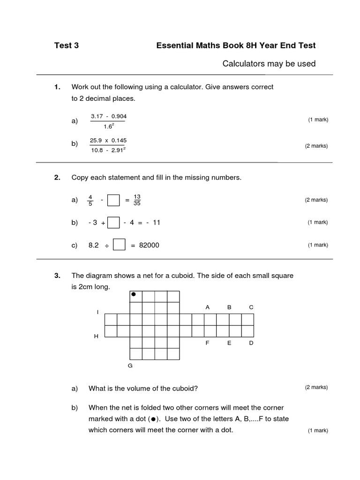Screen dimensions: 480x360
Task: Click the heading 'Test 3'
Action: pos(67,45)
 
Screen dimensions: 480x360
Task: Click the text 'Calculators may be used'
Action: pos(269,63)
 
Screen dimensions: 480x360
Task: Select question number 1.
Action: pos(58,87)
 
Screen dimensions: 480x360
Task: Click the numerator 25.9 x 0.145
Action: pos(108,140)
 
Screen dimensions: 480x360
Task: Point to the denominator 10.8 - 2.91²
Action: pos(108,150)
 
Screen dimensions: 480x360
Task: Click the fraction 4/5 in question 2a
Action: pos(91,200)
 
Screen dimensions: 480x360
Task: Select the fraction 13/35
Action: pos(137,200)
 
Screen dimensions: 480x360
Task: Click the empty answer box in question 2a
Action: pos(113,200)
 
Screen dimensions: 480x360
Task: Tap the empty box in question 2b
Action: pos(113,223)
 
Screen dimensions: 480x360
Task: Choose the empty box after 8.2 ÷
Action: pos(119,245)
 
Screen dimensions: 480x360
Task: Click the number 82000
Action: pos(148,245)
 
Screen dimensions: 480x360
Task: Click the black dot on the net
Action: pos(134,294)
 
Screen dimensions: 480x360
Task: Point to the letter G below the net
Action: pos(130,366)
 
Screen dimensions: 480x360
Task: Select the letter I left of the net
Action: pos(97,312)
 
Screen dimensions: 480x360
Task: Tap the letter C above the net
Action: pos(251,307)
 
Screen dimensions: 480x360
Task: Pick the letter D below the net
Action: pos(251,343)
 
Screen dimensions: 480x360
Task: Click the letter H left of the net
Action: pos(96,337)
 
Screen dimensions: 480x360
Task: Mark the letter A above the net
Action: pos(207,307)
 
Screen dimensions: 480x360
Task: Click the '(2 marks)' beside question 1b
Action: pos(316,146)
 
